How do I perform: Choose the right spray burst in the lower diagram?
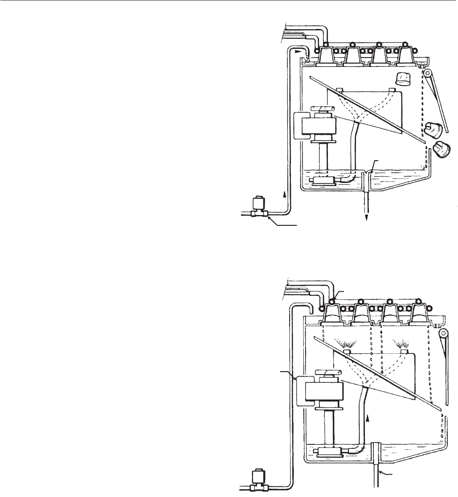click(404, 344)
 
